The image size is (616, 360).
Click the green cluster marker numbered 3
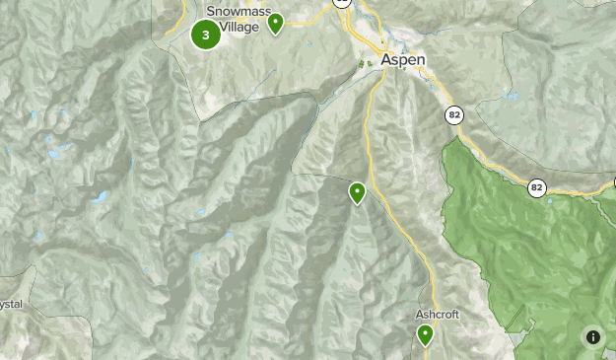click(x=205, y=36)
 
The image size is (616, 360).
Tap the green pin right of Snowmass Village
click(x=276, y=22)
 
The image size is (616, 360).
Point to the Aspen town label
click(x=404, y=60)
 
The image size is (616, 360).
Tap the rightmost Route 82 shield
click(x=536, y=187)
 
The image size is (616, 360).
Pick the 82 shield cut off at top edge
click(x=342, y=3)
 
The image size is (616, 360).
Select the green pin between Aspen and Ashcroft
click(x=357, y=192)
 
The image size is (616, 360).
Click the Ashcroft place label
click(x=438, y=315)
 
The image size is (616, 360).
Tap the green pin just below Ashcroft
click(x=425, y=335)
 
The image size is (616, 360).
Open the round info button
click(x=593, y=337)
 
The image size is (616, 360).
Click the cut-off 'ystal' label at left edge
click(x=11, y=305)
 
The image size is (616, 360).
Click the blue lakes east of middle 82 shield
click(x=509, y=96)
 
